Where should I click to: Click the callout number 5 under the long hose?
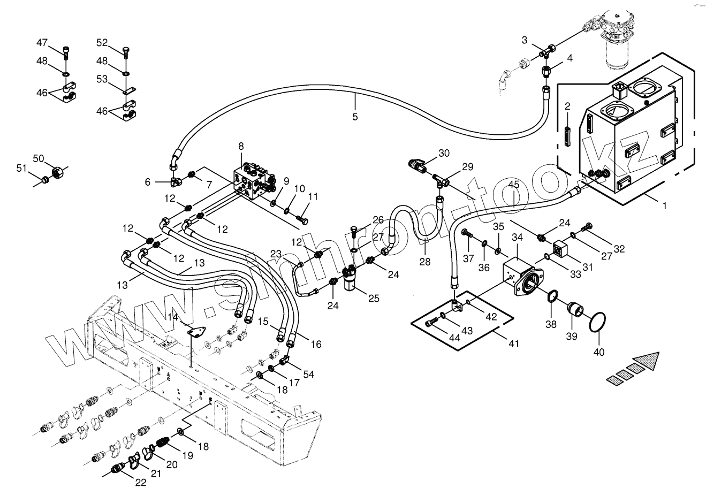point(355,116)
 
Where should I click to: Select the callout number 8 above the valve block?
point(241,146)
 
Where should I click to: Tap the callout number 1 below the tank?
point(665,205)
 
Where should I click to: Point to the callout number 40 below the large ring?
point(599,352)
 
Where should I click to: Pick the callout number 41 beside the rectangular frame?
point(513,344)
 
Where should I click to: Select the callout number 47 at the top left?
point(42,42)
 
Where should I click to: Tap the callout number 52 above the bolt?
point(102,42)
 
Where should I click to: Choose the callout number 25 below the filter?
point(373,298)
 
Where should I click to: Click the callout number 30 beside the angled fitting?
point(444,153)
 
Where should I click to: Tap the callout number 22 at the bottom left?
point(140,482)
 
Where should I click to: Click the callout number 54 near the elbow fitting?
point(309,374)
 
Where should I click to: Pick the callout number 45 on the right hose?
point(513,185)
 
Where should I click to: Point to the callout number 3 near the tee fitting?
point(525,40)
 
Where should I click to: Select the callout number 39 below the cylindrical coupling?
point(572,336)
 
